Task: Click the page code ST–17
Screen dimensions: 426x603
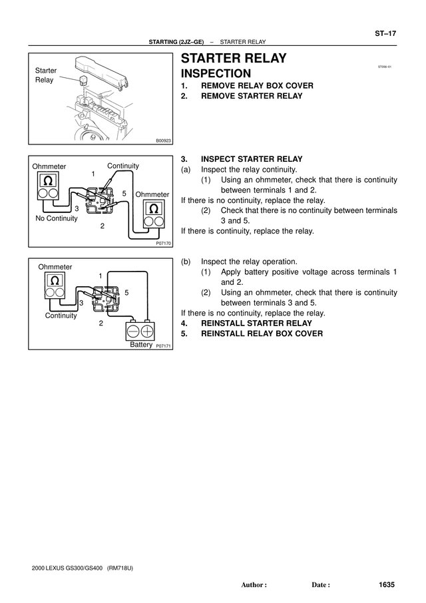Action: pyautogui.click(x=385, y=33)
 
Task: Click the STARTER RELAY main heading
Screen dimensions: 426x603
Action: pyautogui.click(x=234, y=58)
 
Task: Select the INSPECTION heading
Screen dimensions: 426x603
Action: pyautogui.click(x=216, y=73)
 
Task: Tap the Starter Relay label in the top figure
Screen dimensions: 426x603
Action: pyautogui.click(x=45, y=75)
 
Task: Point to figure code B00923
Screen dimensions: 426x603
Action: pyautogui.click(x=163, y=141)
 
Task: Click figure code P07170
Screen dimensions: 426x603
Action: pyautogui.click(x=163, y=244)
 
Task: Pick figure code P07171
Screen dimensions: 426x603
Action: pyautogui.click(x=163, y=346)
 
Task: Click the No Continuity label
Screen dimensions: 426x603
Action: pyautogui.click(x=57, y=218)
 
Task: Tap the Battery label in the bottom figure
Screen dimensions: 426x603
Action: pyautogui.click(x=141, y=345)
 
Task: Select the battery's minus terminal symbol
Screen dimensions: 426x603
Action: pyautogui.click(x=133, y=331)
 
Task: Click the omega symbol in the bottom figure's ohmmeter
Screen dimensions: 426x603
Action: pyautogui.click(x=55, y=280)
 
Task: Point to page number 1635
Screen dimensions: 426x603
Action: pyautogui.click(x=387, y=584)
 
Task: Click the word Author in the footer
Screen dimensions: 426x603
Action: pyautogui.click(x=252, y=585)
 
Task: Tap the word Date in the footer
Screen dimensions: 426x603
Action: pyautogui.click(x=319, y=585)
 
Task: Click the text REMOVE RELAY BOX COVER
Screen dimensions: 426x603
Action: pyautogui.click(x=257, y=86)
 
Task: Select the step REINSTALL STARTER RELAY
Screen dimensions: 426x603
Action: pyautogui.click(x=256, y=323)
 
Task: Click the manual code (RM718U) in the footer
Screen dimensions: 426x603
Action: pyautogui.click(x=120, y=568)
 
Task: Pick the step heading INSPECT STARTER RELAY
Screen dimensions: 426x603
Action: pyautogui.click(x=252, y=159)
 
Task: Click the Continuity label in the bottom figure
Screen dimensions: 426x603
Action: pyautogui.click(x=61, y=315)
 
